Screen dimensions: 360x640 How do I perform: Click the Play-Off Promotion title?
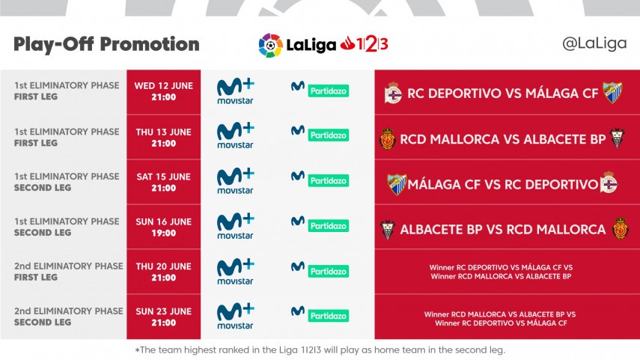[106, 44]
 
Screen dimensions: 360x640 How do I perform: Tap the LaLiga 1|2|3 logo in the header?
[323, 45]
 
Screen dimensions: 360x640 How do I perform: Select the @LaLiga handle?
[594, 43]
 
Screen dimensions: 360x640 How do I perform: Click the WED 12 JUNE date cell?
[163, 91]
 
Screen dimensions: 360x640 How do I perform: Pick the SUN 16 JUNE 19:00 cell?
[163, 227]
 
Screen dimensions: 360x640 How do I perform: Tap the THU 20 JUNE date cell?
[163, 272]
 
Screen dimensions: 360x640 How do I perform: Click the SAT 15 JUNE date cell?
[163, 182]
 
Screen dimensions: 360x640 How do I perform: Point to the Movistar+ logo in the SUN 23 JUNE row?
[235, 317]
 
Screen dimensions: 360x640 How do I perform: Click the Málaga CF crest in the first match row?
[612, 93]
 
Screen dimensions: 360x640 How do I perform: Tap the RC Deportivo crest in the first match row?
[393, 94]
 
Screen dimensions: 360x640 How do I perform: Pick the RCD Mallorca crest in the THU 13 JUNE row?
[387, 138]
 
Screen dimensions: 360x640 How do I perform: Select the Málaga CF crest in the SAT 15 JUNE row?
[396, 184]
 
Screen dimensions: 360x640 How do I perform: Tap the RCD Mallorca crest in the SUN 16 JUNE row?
[619, 228]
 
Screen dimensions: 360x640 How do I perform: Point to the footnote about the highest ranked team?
[320, 350]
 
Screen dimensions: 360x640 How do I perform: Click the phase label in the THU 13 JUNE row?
[67, 137]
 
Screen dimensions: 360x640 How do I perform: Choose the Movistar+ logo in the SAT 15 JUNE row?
[235, 182]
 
